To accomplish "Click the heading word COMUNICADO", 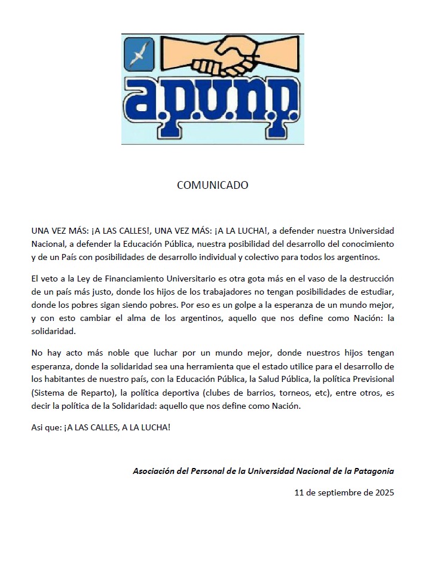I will (x=212, y=185).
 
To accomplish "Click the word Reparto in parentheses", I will (x=97, y=393).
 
